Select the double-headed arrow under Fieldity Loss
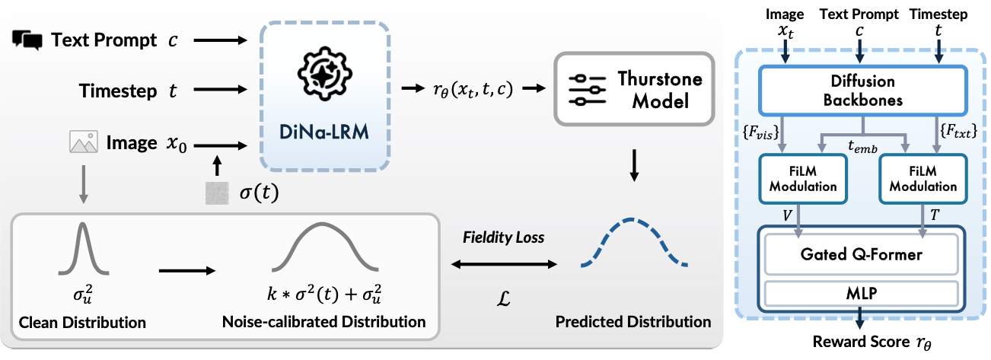pos(503,264)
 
